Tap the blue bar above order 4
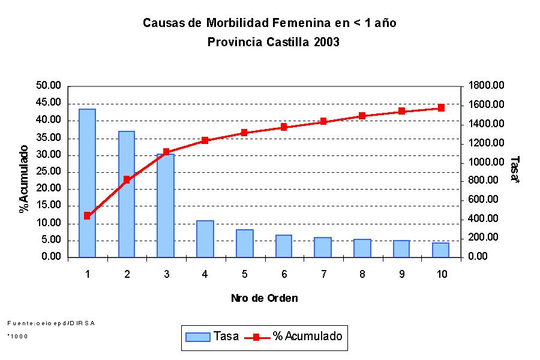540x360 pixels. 205,239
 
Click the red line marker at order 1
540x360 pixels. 87,215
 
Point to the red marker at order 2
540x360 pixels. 127,179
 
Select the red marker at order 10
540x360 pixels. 440,108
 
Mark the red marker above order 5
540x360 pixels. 244,133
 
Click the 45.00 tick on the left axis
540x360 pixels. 49,103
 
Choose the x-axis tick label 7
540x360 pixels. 323,274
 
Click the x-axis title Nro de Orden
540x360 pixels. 264,298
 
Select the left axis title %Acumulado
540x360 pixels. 24,179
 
